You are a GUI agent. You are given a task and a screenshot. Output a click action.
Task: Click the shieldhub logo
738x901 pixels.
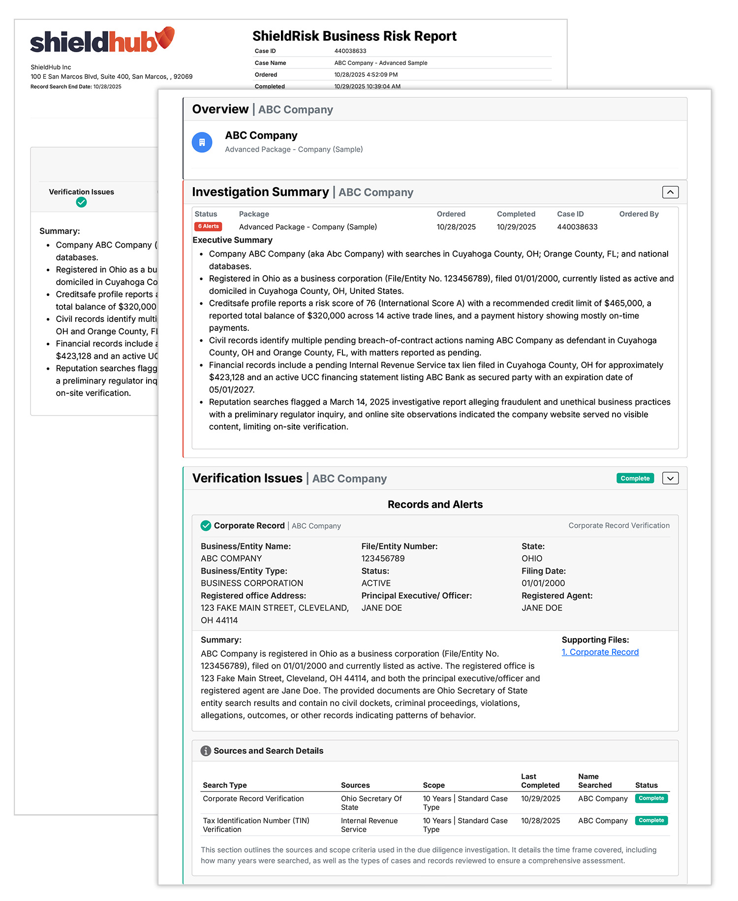(102, 41)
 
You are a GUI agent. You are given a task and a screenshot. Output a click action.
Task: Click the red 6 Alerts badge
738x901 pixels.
(208, 226)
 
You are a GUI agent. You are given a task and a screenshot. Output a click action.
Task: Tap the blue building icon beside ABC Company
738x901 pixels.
(202, 142)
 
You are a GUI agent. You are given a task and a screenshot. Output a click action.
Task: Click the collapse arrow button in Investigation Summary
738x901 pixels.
(670, 192)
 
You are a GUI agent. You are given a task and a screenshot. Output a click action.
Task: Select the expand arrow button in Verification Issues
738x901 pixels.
(670, 478)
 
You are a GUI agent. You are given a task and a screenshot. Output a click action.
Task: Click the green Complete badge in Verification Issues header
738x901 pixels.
(635, 478)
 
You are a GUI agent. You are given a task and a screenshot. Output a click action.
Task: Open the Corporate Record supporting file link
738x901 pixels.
(600, 652)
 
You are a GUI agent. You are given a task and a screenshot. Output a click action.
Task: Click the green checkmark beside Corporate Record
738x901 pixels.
(206, 525)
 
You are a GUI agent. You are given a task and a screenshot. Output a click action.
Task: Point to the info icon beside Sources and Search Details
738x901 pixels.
(206, 751)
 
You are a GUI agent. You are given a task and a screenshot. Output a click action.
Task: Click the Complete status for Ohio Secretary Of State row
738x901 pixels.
(651, 798)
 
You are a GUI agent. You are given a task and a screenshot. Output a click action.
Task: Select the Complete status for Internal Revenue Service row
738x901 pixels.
(651, 820)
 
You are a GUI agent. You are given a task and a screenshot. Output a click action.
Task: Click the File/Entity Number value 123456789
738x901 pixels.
(383, 558)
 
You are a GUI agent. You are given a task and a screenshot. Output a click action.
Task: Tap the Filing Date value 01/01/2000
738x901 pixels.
(543, 583)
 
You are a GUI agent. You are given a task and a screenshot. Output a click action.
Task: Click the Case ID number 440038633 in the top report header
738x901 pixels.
(350, 51)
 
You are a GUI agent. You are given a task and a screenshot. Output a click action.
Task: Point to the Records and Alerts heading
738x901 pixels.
(435, 504)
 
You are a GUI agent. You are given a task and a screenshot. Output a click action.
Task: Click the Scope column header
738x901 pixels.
(433, 785)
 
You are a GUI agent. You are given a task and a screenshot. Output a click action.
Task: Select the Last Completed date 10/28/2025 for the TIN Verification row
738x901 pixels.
(540, 820)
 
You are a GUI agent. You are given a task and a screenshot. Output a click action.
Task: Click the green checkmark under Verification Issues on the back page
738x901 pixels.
(81, 202)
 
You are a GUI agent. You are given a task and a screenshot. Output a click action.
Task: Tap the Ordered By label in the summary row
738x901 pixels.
(639, 214)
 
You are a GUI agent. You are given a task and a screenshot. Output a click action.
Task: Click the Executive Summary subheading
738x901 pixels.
(232, 240)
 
